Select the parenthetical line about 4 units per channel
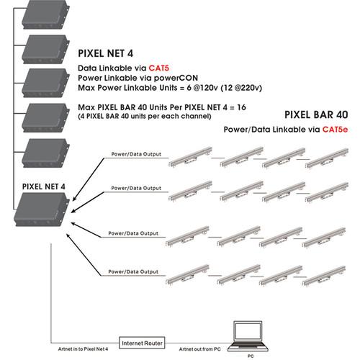click(x=153, y=117)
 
